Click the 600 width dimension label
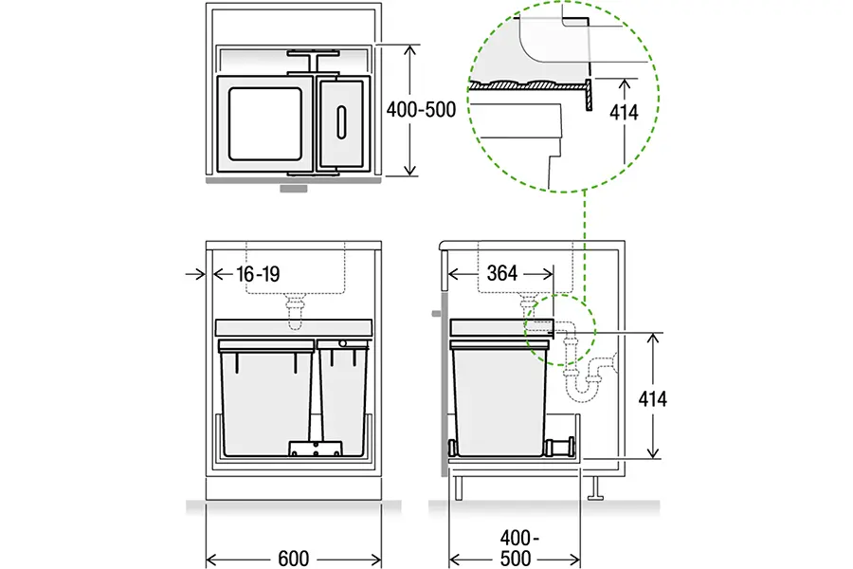tap(293, 559)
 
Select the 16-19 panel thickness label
tap(258, 274)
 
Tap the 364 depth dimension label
tap(501, 273)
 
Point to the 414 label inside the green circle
tap(624, 113)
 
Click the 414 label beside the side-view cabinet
tap(652, 399)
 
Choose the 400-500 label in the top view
tap(421, 110)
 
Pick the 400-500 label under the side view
tap(516, 548)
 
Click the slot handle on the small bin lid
tap(341, 122)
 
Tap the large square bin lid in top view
tap(265, 123)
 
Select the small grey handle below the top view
tap(294, 189)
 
